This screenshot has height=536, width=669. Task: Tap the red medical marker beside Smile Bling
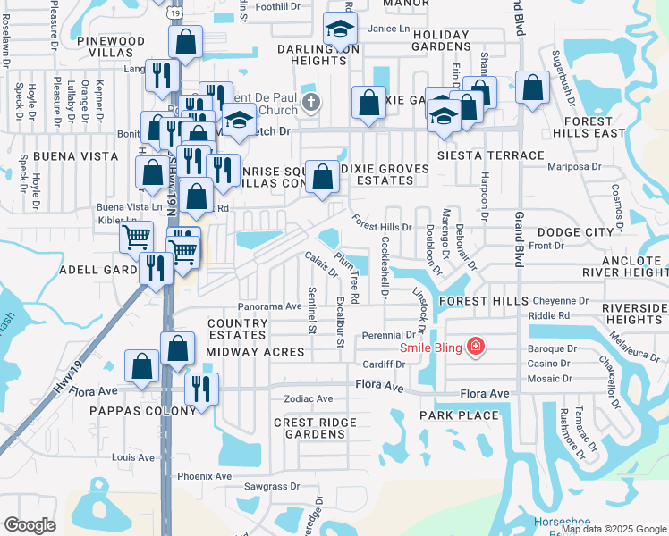tap(475, 347)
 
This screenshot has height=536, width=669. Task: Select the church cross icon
tap(311, 101)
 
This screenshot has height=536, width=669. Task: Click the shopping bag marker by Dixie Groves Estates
tap(322, 176)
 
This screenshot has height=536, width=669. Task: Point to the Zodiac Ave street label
tap(308, 398)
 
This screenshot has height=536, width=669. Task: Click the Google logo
tap(30, 525)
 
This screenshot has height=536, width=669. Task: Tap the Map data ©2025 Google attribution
tap(612, 529)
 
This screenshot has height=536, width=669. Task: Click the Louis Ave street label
tap(134, 457)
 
